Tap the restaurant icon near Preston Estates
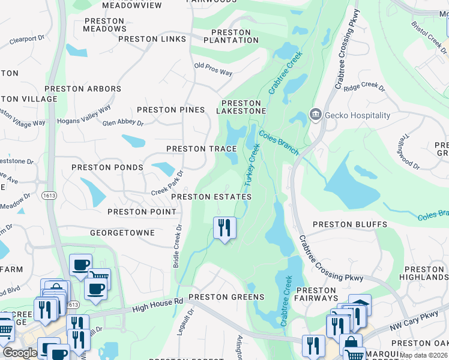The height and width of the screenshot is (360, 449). click(225, 228)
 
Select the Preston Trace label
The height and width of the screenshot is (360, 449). click(202, 149)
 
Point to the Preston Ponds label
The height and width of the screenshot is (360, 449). click(107, 167)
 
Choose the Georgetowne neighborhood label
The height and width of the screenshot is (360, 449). click(122, 232)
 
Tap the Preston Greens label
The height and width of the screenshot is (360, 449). click(226, 297)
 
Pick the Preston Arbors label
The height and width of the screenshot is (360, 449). click(83, 89)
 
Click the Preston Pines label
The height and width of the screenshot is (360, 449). click(171, 110)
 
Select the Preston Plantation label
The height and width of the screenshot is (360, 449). click(231, 36)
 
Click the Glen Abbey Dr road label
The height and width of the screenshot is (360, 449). click(123, 123)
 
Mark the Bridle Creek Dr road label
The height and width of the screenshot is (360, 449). click(177, 246)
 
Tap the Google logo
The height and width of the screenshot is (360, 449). click(20, 353)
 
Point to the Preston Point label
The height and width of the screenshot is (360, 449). click(142, 212)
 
